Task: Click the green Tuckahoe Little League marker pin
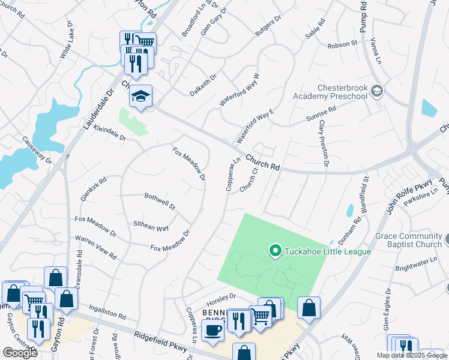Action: (276, 250)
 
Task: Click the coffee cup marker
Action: (212, 329)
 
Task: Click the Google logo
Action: (20, 353)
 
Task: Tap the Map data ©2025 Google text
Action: (411, 355)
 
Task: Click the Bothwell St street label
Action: (159, 201)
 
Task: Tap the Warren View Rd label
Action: (95, 247)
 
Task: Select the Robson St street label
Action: (342, 44)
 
